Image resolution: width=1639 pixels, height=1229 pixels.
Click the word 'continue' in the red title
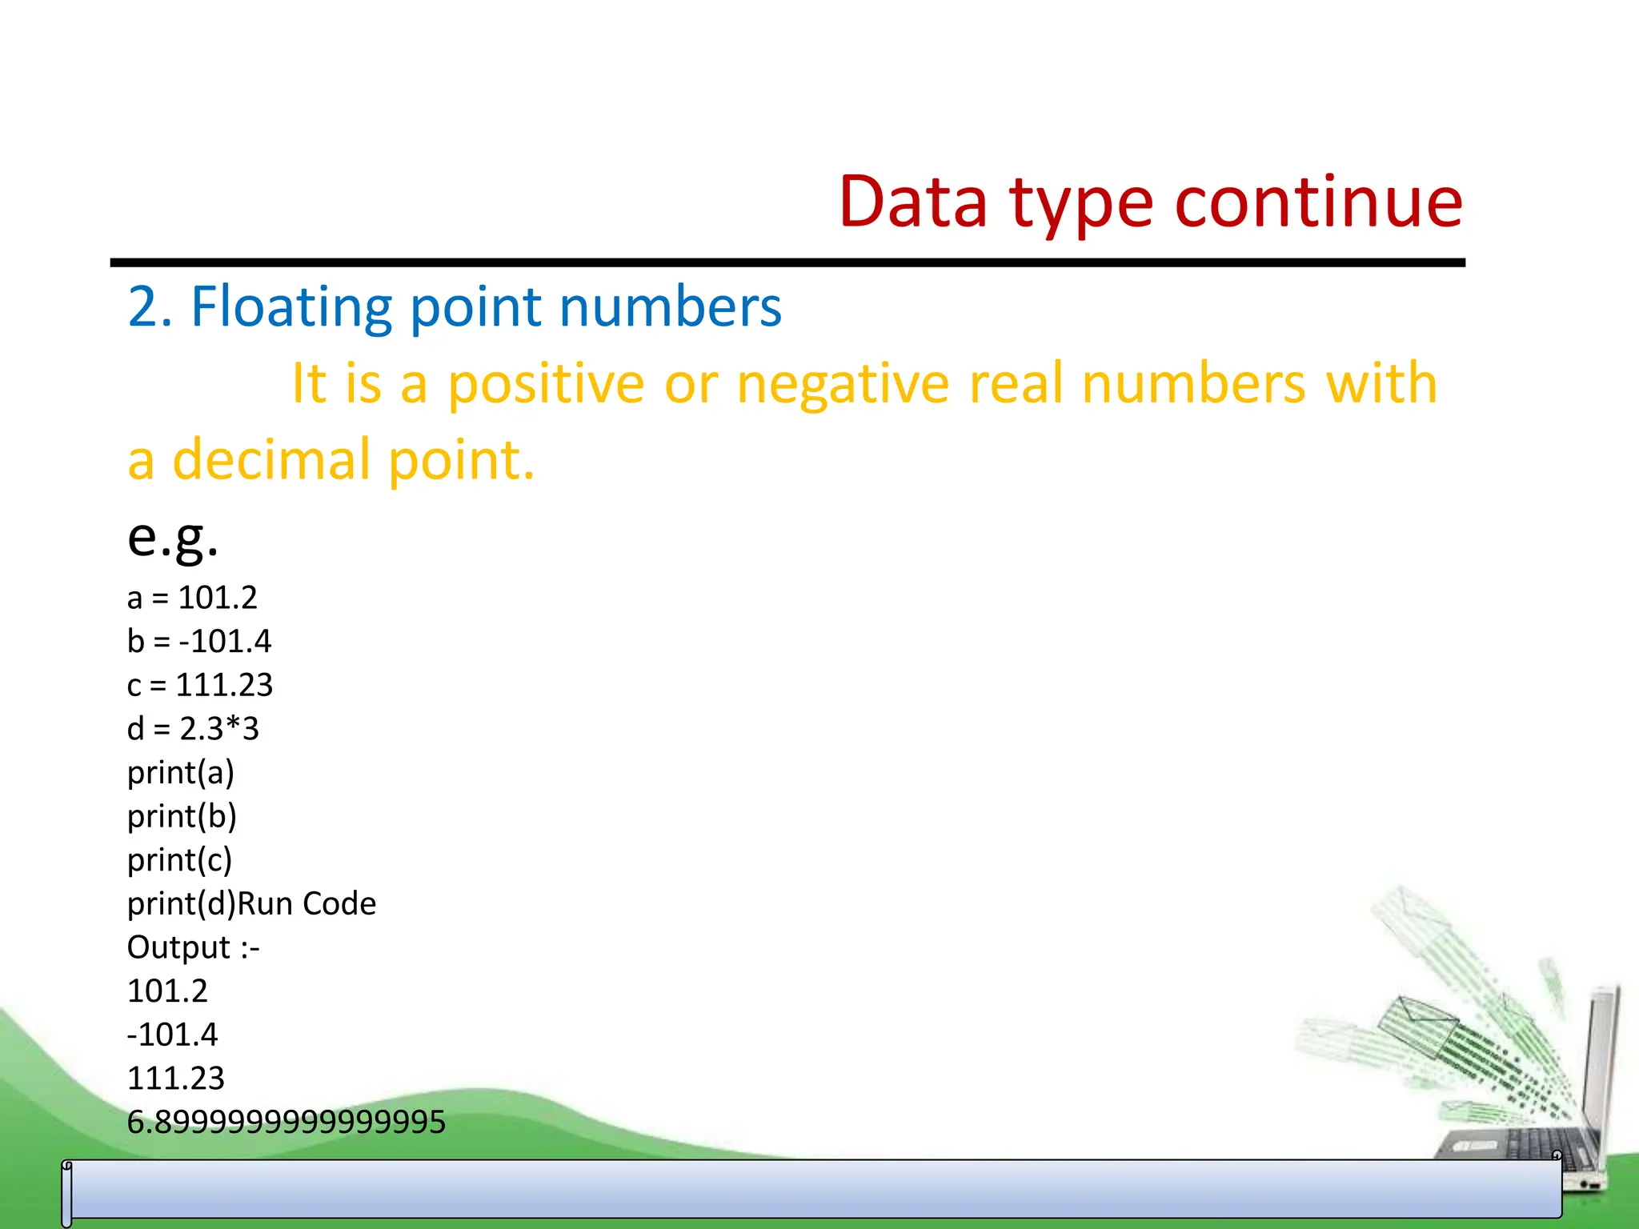point(1318,202)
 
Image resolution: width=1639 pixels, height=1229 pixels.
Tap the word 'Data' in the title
point(912,202)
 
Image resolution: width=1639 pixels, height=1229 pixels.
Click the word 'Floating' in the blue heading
point(291,306)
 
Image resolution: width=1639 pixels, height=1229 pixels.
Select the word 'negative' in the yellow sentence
point(843,383)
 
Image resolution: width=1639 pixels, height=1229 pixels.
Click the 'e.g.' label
point(172,537)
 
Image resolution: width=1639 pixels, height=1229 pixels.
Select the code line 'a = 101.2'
point(192,598)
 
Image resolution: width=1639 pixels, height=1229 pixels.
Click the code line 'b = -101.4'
point(198,642)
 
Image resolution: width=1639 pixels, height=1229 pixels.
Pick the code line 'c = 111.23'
point(199,685)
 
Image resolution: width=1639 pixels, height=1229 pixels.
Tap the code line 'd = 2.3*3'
point(193,729)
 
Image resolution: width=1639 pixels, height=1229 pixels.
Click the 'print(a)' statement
point(180,773)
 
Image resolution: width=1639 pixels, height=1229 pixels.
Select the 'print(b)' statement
point(182,816)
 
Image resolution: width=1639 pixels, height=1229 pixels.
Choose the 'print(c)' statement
point(179,860)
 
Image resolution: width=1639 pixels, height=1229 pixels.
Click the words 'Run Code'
point(307,904)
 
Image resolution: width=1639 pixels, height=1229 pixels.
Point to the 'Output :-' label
point(193,948)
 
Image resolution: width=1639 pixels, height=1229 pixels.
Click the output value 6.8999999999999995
point(286,1123)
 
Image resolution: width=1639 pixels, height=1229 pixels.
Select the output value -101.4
point(172,1035)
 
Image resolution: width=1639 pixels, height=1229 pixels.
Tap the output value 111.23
point(175,1079)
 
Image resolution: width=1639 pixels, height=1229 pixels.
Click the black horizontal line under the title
point(787,262)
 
